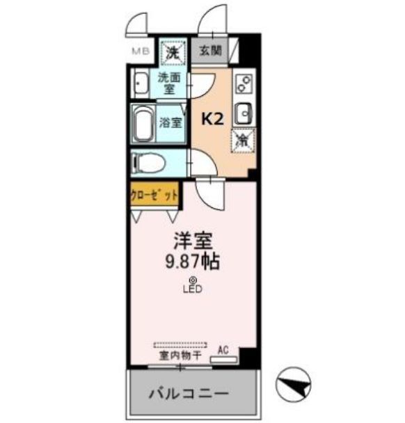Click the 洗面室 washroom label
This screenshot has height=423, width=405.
point(170,83)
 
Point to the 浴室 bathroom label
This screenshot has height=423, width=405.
point(170,123)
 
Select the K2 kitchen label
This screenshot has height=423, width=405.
point(212,119)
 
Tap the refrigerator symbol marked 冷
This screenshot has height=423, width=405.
point(243,140)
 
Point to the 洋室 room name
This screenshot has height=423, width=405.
point(193,240)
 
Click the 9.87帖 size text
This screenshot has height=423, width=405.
point(193,262)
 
